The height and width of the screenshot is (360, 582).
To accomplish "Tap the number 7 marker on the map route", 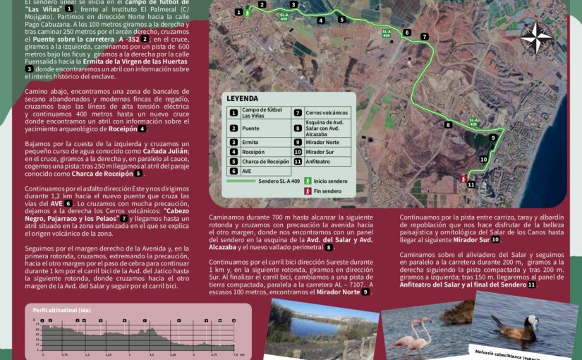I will coord(424,37).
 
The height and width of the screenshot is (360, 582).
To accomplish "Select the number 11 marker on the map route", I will coord(471,185).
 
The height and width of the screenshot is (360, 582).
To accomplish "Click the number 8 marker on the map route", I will coord(447,125).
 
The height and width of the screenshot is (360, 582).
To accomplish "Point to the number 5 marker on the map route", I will coord(341,20).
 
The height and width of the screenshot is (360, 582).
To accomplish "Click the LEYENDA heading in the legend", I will coord(242,99).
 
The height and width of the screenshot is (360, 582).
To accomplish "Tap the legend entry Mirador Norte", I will coord(322,142).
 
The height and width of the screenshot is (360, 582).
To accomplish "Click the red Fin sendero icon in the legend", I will coord(307,191).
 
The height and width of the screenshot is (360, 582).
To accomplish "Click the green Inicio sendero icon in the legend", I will coord(307,181).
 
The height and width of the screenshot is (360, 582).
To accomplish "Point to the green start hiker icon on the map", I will coord(248,13).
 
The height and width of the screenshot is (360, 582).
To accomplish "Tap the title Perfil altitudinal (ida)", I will coord(61,310).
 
